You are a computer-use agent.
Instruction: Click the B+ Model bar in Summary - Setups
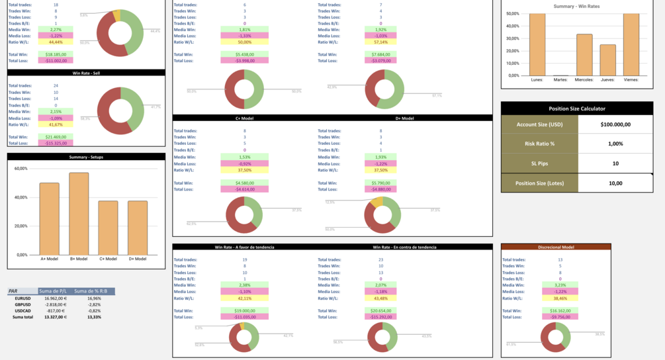(79, 213)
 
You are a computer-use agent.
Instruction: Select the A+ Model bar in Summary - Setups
(49, 218)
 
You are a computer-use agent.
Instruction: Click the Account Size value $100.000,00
(615, 124)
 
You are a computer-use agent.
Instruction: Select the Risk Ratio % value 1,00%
(615, 144)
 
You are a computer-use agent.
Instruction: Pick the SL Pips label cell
(539, 163)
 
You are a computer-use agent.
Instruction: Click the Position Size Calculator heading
(577, 109)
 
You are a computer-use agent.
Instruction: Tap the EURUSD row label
(23, 298)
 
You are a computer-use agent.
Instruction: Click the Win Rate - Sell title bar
(86, 73)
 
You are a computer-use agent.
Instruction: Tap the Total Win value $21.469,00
(56, 137)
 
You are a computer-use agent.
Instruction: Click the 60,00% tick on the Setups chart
(21, 169)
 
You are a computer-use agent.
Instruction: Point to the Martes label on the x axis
(560, 79)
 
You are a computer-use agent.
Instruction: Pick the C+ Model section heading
(245, 118)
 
